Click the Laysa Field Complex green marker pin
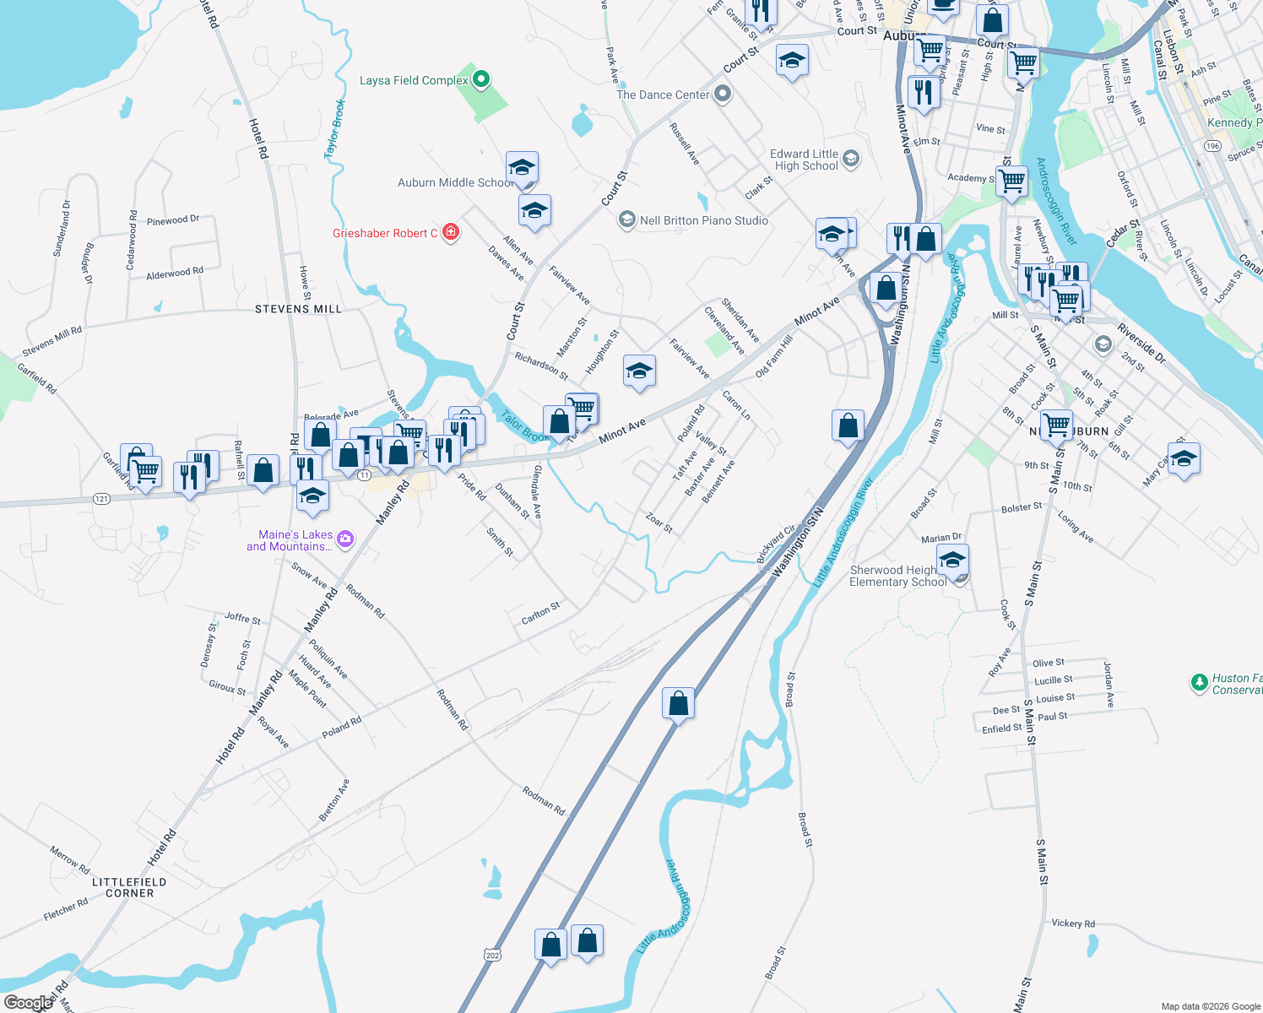481,80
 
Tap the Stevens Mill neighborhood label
298,310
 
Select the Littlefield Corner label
129,887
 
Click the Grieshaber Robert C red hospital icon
451,232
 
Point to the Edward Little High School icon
851,158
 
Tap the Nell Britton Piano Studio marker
626,220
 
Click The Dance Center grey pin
722,94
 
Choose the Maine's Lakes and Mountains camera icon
344,539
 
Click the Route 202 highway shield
493,955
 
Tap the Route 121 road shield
101,499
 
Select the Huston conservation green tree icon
1199,682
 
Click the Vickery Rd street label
1073,924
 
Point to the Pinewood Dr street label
173,220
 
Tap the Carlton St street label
540,614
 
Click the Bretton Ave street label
334,800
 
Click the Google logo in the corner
28,1003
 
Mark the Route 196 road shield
1213,146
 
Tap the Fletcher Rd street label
66,910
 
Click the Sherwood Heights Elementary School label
897,576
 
